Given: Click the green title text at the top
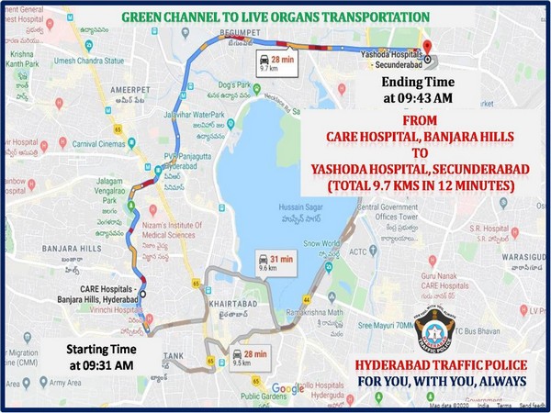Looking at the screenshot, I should pyautogui.click(x=275, y=17).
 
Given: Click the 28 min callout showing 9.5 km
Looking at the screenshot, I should pyautogui.click(x=247, y=354).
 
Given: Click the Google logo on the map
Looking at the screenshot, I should pyautogui.click(x=287, y=388).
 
